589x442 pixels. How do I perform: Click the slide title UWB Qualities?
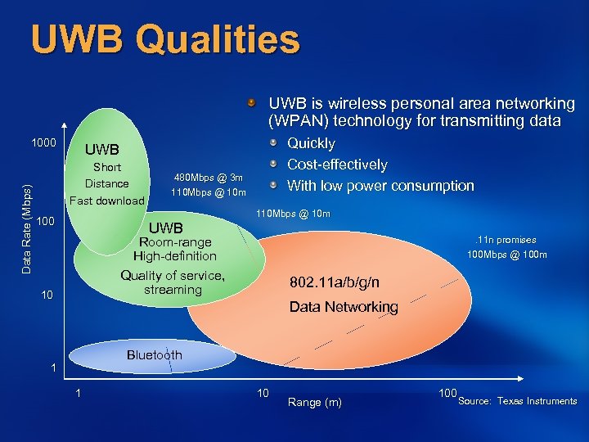pos(165,39)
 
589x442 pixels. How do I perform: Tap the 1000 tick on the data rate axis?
pos(43,143)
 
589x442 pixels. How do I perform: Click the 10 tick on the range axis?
pos(263,394)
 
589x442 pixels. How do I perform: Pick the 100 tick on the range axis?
pos(447,394)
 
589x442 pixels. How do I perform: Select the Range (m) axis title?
pos(315,402)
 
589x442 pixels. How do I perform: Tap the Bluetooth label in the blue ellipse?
pos(154,354)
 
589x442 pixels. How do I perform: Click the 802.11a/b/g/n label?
pos(334,282)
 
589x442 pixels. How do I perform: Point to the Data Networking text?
pos(344,307)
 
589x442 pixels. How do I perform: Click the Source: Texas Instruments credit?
pos(517,401)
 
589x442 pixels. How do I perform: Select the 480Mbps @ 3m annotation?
pos(209,178)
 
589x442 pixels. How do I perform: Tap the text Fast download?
pos(106,201)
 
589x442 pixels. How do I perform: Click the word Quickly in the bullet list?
pos(311,143)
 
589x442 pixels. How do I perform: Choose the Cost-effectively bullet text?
pos(337,165)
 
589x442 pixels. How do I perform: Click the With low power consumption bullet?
pos(380,186)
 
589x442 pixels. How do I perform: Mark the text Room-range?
pos(175,242)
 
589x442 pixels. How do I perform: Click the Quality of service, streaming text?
pos(173,282)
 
